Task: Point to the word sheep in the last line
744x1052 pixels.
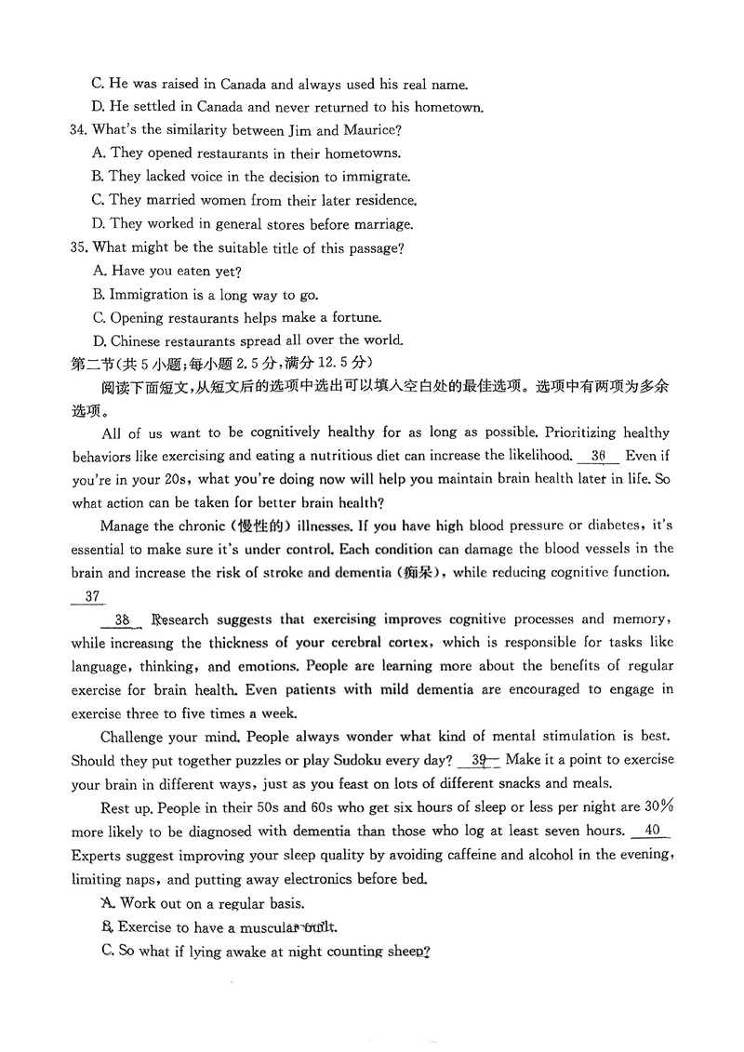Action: (408, 952)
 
